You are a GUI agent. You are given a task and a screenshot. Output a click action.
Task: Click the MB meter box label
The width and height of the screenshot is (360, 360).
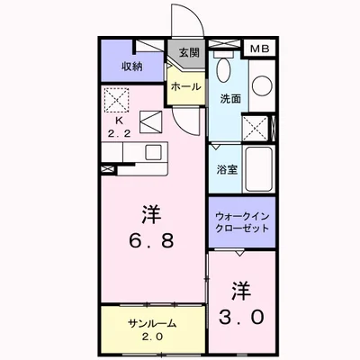tap(260, 49)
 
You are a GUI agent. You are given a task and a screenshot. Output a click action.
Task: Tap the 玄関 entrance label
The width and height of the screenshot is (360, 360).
tap(190, 53)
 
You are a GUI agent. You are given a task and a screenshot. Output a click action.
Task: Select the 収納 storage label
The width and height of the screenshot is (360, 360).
tap(132, 67)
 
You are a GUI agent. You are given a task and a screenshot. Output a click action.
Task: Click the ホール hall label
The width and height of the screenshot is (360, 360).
tap(186, 86)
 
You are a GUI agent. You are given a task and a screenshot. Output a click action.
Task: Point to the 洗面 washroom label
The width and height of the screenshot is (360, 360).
tap(230, 99)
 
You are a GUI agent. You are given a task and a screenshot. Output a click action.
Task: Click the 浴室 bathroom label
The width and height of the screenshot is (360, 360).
tap(228, 170)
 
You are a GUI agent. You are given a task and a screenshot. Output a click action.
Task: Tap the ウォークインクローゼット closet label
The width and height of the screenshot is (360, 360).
tap(242, 222)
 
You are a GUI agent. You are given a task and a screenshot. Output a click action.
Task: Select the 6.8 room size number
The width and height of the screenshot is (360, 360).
tap(151, 240)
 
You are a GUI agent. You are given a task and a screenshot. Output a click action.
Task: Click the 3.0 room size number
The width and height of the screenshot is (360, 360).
tap(241, 317)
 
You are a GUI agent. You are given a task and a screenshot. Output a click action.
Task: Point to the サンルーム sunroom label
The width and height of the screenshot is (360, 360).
tap(151, 323)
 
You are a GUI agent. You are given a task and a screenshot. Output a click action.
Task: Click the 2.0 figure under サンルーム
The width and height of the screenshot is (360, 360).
tap(152, 336)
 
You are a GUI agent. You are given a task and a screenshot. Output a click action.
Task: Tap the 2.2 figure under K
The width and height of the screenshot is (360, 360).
tap(120, 133)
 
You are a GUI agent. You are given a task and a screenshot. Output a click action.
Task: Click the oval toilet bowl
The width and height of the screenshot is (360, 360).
tap(223, 69)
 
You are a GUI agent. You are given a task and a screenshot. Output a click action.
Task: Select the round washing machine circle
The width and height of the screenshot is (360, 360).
tap(262, 86)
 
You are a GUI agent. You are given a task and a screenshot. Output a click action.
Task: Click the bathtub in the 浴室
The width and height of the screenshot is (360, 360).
tap(259, 169)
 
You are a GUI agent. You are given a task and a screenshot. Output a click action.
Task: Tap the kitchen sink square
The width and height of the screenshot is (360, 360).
tap(154, 153)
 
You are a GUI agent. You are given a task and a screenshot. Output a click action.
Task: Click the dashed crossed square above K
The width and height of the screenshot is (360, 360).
tap(116, 100)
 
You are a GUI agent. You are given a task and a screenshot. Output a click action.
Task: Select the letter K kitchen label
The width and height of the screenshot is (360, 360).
tap(120, 121)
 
